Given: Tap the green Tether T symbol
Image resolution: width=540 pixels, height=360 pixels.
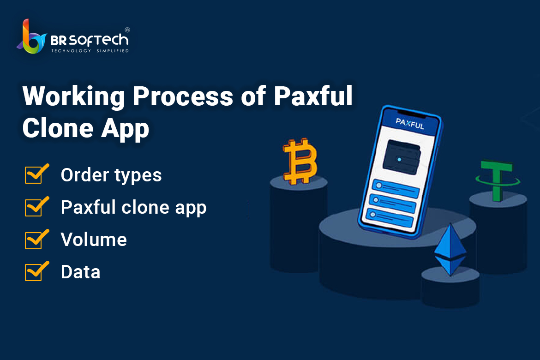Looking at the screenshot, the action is (497, 180).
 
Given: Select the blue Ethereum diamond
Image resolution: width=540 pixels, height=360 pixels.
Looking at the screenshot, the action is (450, 250).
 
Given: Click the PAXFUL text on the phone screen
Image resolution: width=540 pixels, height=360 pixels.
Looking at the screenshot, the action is (410, 123).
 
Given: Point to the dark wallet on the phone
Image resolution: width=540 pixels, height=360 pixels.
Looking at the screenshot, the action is (402, 157).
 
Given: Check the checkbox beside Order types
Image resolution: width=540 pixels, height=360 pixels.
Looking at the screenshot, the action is (36, 174).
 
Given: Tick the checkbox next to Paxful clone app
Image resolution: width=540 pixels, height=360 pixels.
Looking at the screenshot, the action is (36, 207).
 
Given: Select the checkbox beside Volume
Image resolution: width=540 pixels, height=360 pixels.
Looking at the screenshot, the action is (36, 239).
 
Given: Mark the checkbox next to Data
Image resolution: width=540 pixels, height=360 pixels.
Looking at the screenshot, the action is (36, 271).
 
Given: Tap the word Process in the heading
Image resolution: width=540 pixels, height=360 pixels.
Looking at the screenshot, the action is (183, 96).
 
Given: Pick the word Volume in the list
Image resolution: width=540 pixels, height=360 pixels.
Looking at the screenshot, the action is (94, 240).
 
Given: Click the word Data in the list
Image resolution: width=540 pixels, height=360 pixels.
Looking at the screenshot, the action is (81, 272).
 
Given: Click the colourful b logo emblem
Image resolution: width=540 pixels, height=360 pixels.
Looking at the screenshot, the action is (31, 37).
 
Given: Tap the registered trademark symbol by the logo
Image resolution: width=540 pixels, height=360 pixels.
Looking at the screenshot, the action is (127, 30).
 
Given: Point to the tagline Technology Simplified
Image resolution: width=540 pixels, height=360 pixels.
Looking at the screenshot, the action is (90, 51).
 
